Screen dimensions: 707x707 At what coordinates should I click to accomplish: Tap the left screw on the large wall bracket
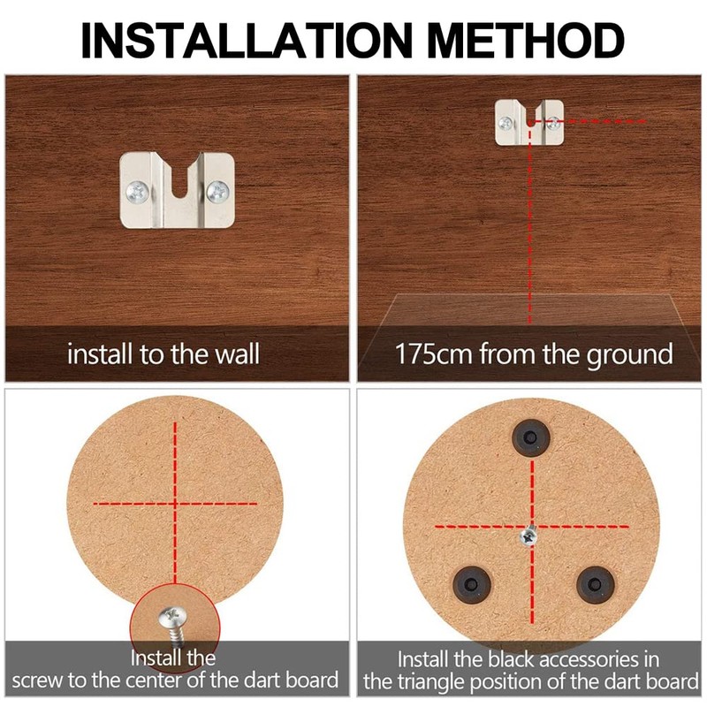click(138, 192)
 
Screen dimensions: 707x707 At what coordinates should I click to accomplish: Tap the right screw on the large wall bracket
click(217, 191)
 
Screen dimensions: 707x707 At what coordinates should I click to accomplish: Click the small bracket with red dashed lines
click(529, 123)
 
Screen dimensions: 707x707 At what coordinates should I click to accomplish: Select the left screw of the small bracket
click(506, 122)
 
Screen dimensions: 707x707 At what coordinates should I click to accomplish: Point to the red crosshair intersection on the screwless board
click(175, 504)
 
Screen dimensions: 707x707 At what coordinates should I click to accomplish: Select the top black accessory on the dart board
click(531, 437)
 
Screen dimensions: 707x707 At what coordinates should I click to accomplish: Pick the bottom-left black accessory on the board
click(472, 585)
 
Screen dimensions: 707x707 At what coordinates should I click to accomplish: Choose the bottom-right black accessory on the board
click(595, 585)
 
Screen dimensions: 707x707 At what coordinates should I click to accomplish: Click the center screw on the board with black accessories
click(528, 536)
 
